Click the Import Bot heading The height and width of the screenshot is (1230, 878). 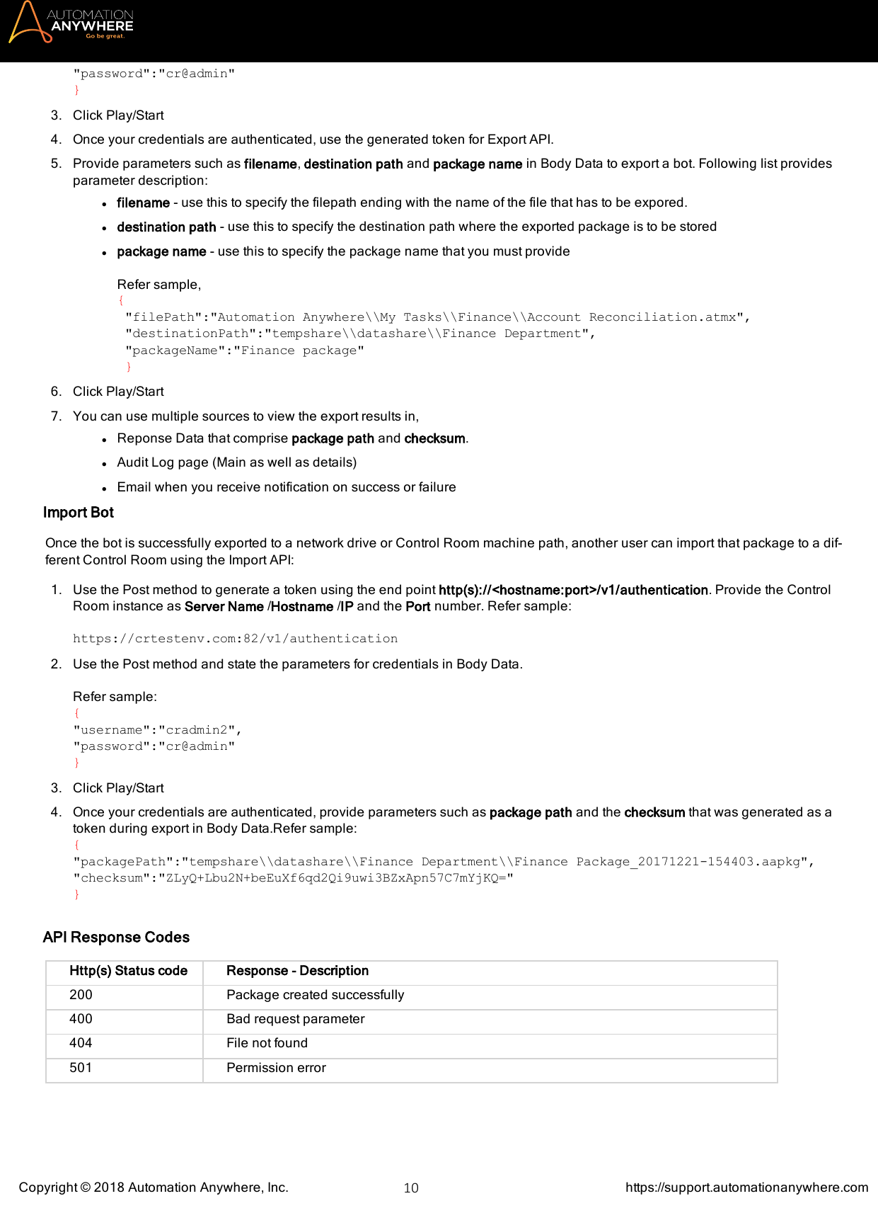[x=78, y=513]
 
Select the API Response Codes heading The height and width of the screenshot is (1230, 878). [x=116, y=938]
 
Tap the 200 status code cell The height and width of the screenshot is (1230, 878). [x=81, y=995]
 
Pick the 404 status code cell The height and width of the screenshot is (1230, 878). [x=81, y=1043]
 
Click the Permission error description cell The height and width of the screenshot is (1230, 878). [x=276, y=1068]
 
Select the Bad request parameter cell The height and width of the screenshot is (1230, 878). [x=295, y=1019]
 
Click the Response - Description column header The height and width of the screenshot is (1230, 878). [x=297, y=971]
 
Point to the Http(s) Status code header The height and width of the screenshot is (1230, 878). [x=128, y=971]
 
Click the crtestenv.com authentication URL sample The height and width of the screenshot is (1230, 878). [x=235, y=639]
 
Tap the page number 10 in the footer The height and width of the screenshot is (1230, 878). [x=410, y=1188]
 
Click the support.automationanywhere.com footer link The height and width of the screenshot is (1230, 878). [x=746, y=1188]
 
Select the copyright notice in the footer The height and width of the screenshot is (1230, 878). [x=154, y=1188]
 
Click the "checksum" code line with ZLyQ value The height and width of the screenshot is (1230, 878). [x=293, y=878]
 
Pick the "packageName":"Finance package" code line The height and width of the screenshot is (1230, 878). [x=244, y=351]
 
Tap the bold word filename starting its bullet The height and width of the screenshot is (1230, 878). [x=143, y=203]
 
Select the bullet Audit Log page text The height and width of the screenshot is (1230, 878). [x=236, y=462]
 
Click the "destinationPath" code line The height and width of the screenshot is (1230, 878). [x=359, y=334]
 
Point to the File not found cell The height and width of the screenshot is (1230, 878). [x=267, y=1043]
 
